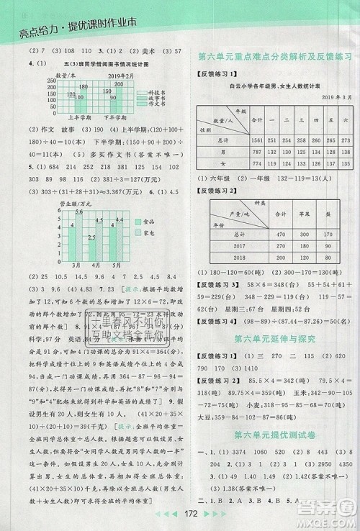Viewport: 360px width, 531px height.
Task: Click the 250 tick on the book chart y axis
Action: (x=27, y=81)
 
